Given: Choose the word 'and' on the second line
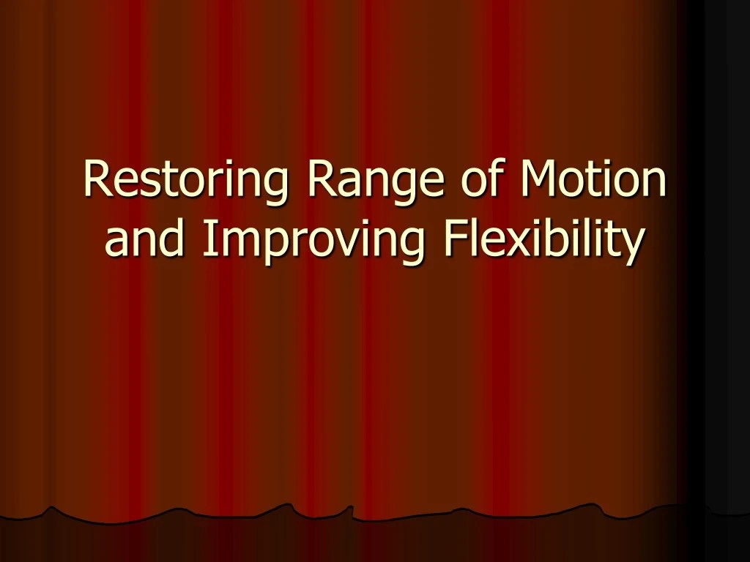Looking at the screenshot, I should [145, 239].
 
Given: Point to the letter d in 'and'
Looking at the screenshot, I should [172, 239].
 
